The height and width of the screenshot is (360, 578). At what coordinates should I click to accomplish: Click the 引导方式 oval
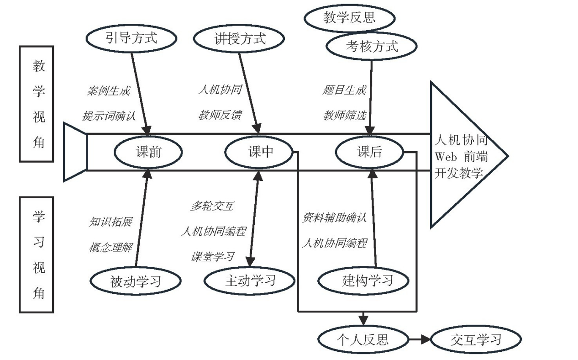point(131,37)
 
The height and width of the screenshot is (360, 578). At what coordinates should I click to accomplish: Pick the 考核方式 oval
point(371,46)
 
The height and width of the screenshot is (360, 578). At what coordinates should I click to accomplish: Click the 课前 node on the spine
point(148,152)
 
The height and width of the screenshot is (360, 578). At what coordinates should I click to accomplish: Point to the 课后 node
point(369,152)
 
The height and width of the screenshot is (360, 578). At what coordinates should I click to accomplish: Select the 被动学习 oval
point(136,281)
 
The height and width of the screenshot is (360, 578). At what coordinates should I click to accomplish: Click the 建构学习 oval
point(363,280)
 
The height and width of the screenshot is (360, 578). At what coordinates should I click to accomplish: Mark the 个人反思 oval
point(363,339)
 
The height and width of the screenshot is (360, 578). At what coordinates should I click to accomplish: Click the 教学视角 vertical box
point(37,104)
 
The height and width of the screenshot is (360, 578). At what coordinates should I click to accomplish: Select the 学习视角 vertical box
point(37,254)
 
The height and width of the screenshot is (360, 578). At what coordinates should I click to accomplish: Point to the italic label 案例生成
point(108,90)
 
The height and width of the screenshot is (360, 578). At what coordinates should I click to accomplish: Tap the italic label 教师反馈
point(220,115)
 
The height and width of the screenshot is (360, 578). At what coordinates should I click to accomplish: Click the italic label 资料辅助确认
point(334,217)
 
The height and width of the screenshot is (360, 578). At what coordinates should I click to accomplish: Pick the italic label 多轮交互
point(212,206)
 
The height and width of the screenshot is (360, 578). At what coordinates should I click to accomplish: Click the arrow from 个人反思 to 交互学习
point(419,339)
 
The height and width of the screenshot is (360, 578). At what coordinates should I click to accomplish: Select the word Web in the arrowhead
point(446,157)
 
